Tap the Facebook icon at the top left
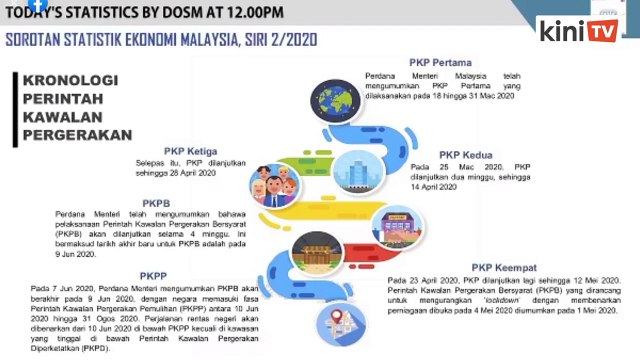[x=37, y=4]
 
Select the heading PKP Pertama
[x=441, y=62]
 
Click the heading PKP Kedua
[x=465, y=155]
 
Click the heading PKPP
[x=153, y=274]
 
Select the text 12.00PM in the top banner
[x=246, y=11]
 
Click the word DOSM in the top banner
[x=167, y=11]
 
